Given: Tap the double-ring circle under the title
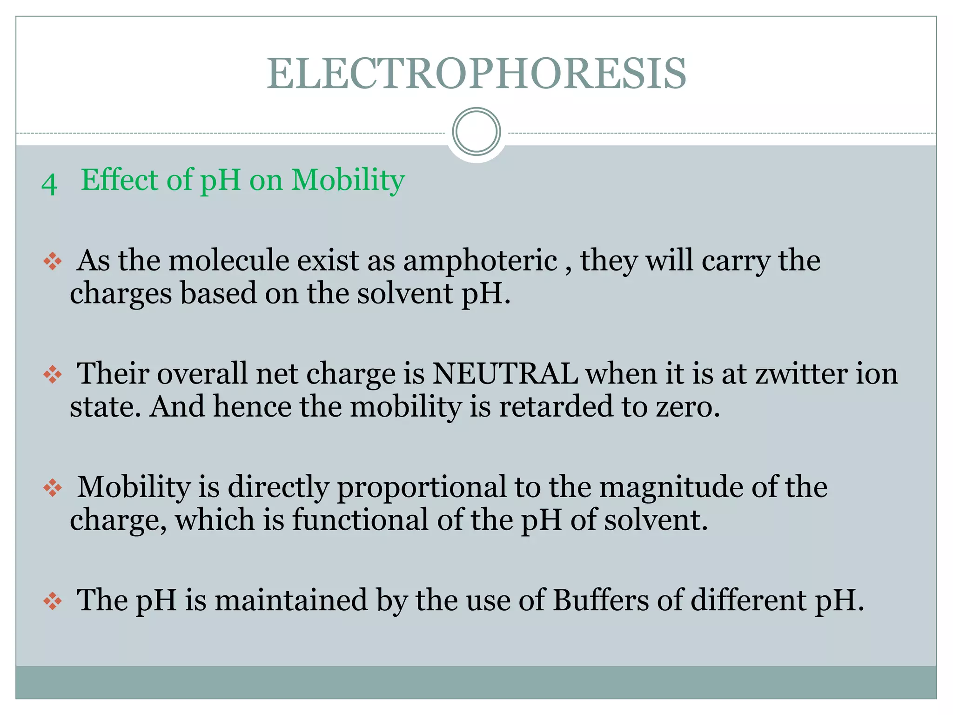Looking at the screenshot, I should [x=476, y=132].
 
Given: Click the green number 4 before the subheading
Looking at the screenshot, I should [x=49, y=184].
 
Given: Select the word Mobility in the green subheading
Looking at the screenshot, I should [x=348, y=180].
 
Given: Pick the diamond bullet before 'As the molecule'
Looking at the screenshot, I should [x=53, y=261].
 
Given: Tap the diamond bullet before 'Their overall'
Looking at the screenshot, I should [x=53, y=374].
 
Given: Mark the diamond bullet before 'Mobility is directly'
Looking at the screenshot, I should [x=53, y=488].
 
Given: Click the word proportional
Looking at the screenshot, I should [x=421, y=488].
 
